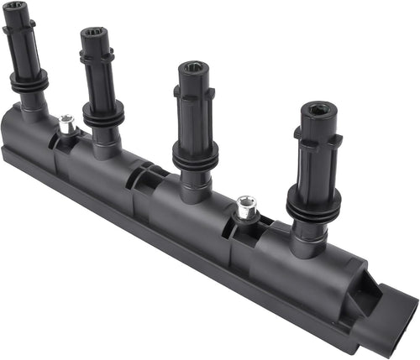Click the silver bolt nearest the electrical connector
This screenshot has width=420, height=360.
tap(245, 206)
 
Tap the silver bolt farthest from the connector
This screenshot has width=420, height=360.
tap(67, 124)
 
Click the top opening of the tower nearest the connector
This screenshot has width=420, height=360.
tap(318, 109)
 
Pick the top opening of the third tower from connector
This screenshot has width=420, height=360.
tap(95, 33)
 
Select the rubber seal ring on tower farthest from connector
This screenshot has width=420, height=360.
tap(29, 81)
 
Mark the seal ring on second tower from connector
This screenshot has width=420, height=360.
tap(195, 154)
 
